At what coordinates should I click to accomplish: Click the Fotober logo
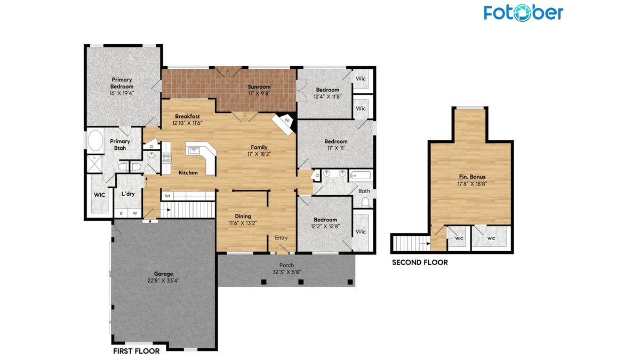(x=523, y=13)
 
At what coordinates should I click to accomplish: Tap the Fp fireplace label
(x=287, y=120)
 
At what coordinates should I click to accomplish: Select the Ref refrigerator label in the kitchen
(x=167, y=196)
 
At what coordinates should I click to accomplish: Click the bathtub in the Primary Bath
(x=95, y=141)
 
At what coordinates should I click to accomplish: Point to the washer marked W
(x=135, y=213)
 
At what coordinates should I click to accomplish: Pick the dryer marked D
(x=121, y=213)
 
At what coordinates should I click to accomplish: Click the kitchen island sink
(x=195, y=150)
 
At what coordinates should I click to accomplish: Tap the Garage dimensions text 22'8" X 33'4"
(x=163, y=281)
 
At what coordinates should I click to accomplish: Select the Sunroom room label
(x=259, y=86)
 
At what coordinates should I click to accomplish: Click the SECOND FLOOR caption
(x=420, y=262)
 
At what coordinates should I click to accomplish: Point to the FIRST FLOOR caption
(x=137, y=351)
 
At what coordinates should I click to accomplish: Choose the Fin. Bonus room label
(x=472, y=177)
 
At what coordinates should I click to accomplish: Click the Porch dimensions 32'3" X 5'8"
(x=286, y=272)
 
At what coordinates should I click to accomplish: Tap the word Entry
(x=281, y=238)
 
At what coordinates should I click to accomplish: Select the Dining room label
(x=243, y=217)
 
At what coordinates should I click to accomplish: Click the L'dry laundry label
(x=128, y=194)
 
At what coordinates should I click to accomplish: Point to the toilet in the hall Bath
(x=365, y=202)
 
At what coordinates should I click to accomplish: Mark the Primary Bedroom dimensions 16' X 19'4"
(x=122, y=93)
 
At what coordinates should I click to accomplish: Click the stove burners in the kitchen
(x=166, y=158)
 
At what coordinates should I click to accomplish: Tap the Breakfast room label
(x=187, y=116)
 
